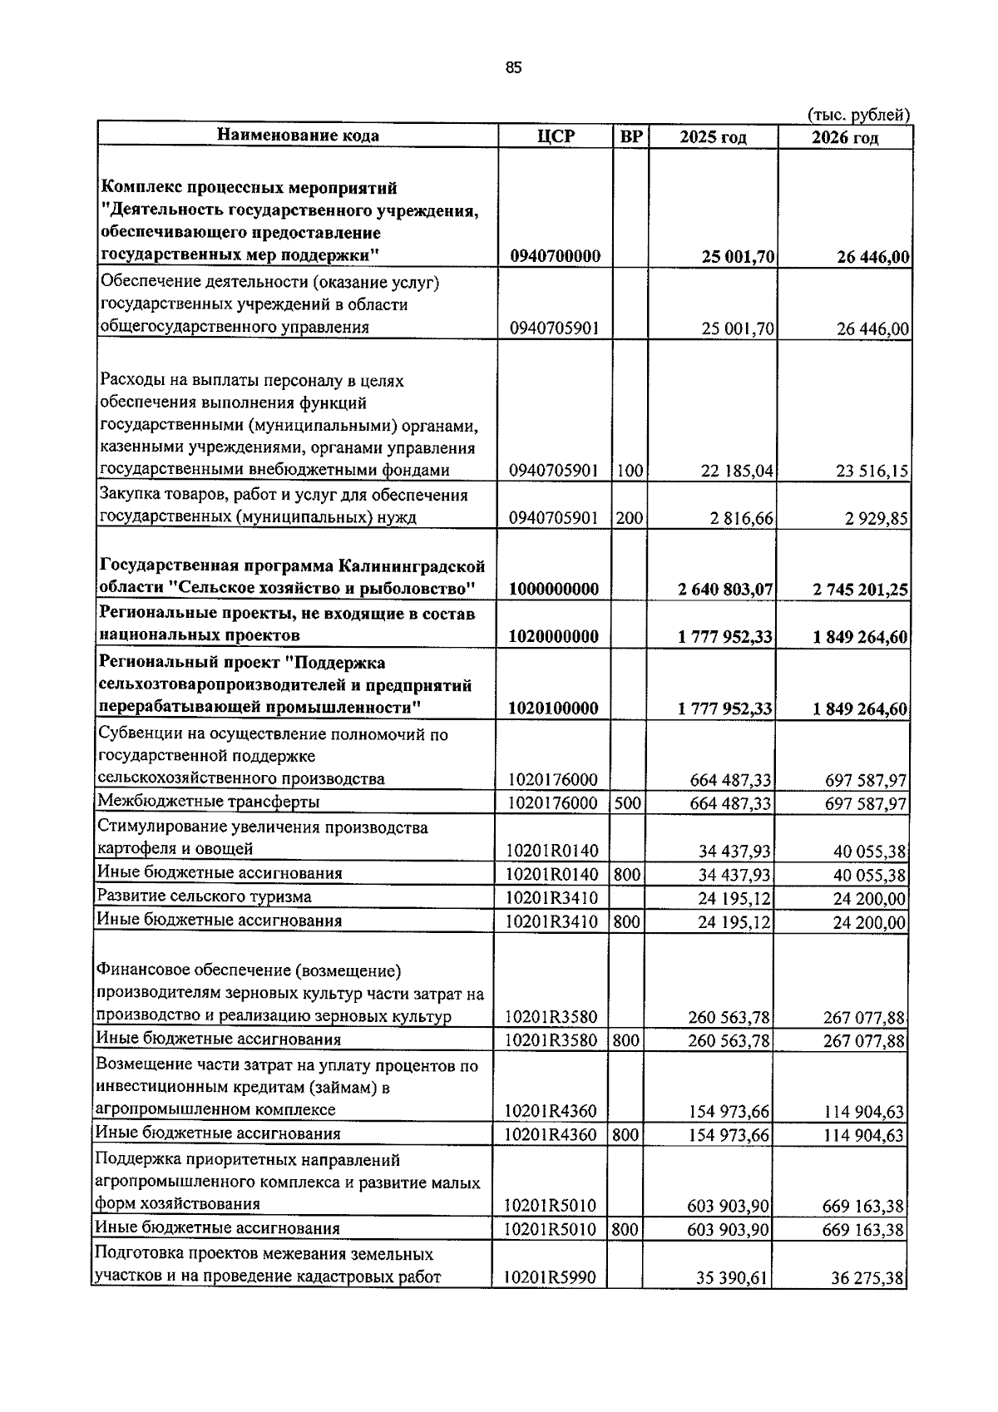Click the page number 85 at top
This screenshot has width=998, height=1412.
[513, 69]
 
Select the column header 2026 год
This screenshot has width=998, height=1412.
[845, 137]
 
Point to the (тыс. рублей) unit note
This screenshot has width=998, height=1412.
[859, 115]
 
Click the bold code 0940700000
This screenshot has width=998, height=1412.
[555, 256]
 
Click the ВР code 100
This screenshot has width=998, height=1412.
[630, 471]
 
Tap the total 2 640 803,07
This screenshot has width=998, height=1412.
[726, 590]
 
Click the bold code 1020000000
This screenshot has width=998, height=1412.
[554, 637]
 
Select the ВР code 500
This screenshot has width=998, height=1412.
[629, 803]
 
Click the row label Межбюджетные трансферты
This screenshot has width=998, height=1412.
[209, 802]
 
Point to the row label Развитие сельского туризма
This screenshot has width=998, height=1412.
[205, 896]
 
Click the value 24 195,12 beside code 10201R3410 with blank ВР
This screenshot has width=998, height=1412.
[734, 899]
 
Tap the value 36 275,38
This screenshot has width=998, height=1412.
[867, 1278]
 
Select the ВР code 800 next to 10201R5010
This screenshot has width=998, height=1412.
[625, 1229]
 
